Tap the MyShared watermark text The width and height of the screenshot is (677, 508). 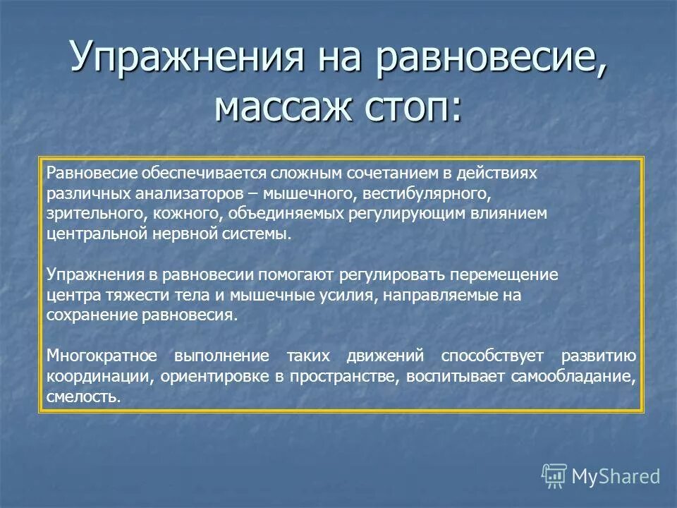tap(616, 476)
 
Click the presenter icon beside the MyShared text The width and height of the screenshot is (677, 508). tap(554, 476)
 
